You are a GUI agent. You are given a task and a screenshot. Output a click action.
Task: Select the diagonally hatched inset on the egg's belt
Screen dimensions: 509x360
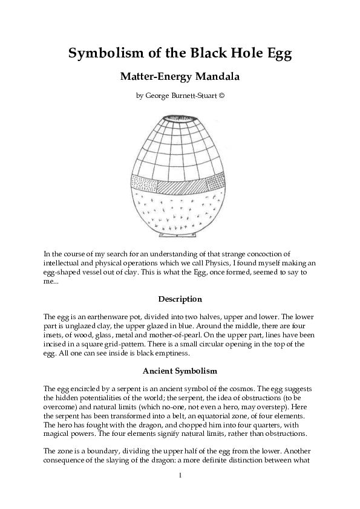pyautogui.click(x=182, y=186)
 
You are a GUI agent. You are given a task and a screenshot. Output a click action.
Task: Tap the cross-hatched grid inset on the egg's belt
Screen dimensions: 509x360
pyautogui.click(x=215, y=183)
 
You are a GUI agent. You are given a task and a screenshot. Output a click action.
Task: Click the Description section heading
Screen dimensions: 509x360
pyautogui.click(x=180, y=299)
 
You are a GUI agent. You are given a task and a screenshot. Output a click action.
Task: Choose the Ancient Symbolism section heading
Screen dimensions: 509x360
pyautogui.click(x=180, y=370)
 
